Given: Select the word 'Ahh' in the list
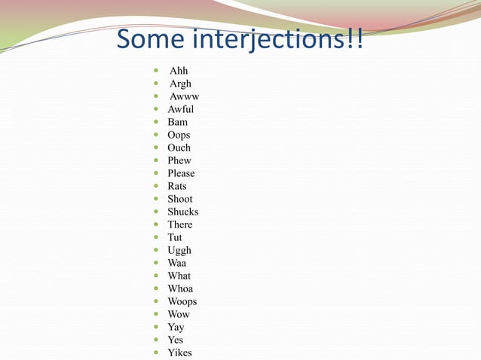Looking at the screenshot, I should tap(179, 71).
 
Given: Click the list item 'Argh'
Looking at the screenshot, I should tap(180, 84).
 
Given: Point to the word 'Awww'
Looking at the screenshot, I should tap(184, 96).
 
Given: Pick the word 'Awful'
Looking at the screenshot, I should tap(180, 109).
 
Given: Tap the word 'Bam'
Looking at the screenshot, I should tap(177, 122).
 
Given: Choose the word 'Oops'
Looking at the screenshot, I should tap(179, 135).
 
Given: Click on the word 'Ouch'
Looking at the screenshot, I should tap(179, 148).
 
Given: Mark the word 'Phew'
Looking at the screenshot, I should tap(179, 160).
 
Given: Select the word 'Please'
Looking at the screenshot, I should tap(181, 173).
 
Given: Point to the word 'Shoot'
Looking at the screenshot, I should tap(179, 199).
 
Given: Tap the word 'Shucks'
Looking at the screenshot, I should tap(182, 212).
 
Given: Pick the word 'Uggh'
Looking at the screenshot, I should tap(179, 250).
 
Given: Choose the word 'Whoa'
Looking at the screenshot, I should tap(180, 288).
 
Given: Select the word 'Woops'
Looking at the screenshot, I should tap(182, 301).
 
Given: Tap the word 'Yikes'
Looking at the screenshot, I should tap(179, 352).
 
